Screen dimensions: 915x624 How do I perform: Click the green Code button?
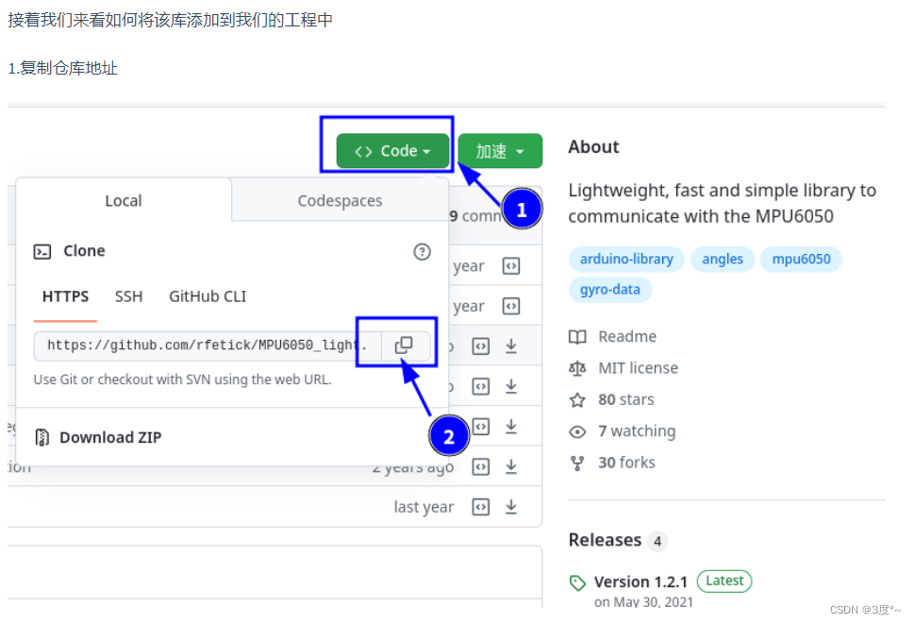point(392,151)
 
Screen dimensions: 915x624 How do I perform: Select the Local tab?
point(124,201)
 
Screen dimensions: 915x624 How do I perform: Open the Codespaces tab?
point(340,201)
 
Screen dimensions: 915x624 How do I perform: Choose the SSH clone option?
point(129,296)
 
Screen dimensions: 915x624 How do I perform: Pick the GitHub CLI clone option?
point(208,296)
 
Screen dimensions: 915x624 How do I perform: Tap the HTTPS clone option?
point(66,296)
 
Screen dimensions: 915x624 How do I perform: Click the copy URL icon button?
point(405,346)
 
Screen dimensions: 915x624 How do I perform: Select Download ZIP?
point(109,437)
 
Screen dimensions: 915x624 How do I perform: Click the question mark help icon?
point(422,251)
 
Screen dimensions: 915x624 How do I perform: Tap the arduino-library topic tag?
point(626,259)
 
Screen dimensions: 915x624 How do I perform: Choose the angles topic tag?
point(723,259)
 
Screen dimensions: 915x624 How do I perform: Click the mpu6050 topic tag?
point(801,259)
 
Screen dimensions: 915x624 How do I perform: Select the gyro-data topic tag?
point(609,290)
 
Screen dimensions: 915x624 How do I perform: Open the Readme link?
point(626,337)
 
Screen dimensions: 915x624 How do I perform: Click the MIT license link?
point(638,368)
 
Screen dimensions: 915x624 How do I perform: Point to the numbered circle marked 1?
point(522,210)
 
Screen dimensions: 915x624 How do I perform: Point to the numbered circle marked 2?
point(448,436)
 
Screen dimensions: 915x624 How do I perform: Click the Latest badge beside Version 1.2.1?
point(724,581)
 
